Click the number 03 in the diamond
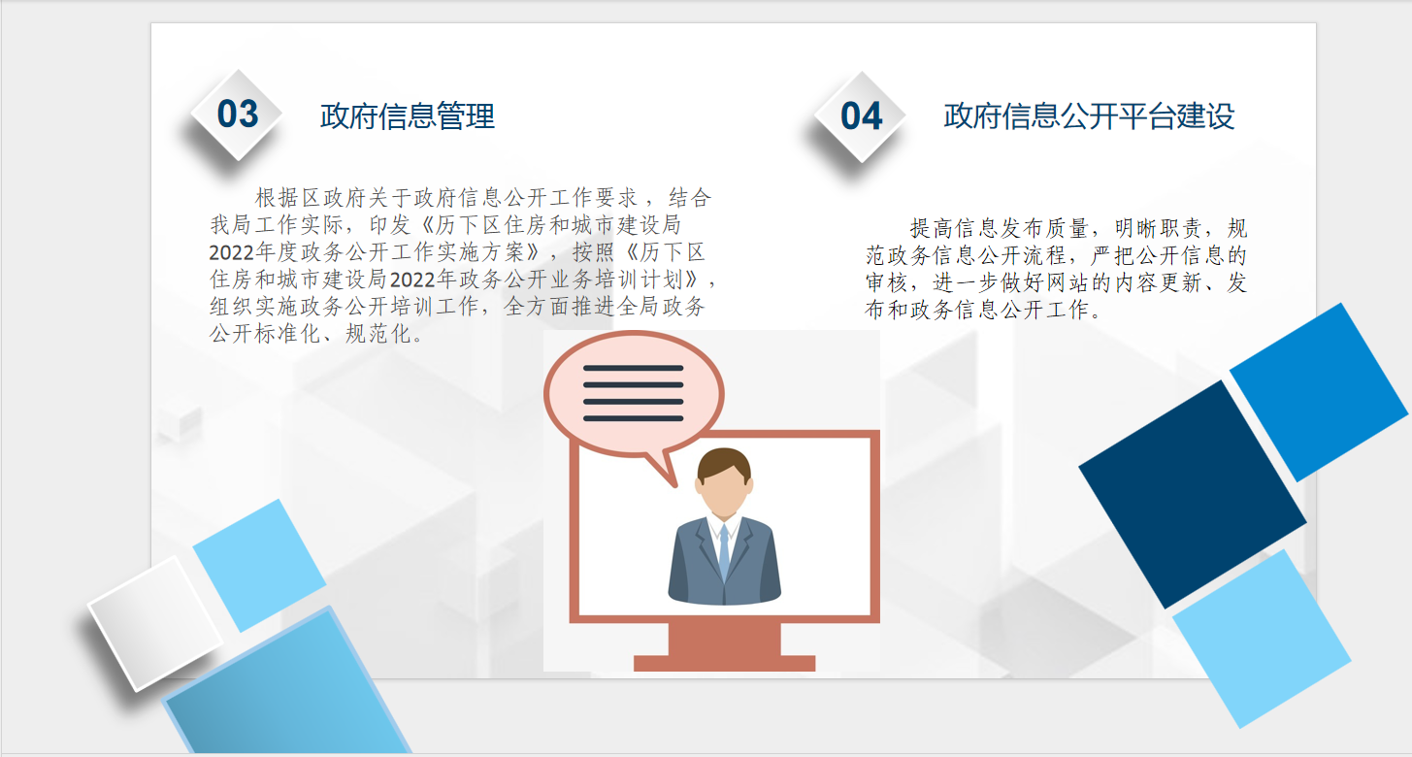238,115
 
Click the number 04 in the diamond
861,116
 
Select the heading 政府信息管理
408,116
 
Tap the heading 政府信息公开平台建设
1089,116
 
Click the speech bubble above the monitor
634,395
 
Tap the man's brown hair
724,463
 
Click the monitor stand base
724,663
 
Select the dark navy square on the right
1192,495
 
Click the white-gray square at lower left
155,623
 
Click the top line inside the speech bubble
634,368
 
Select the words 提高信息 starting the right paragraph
954,228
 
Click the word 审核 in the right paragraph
887,282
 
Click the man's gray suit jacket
724,561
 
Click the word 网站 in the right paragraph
1067,282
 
